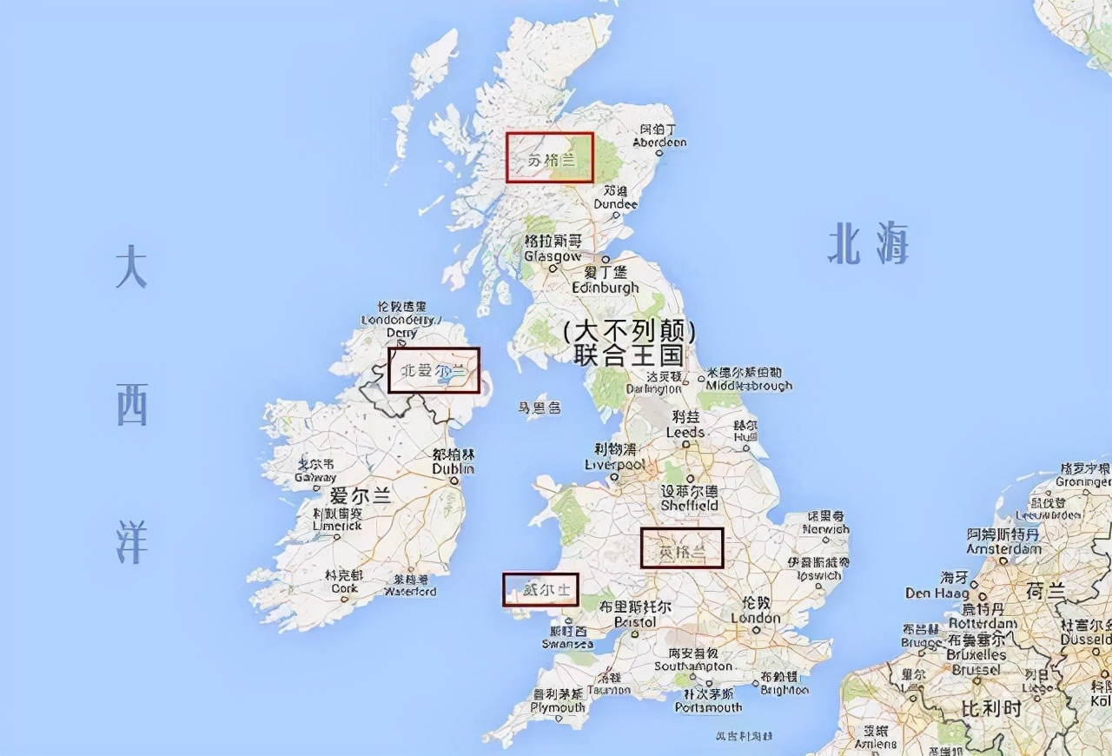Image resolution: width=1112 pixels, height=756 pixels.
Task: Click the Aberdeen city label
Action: pos(659,142)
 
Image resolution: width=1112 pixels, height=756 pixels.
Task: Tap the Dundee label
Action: pos(615,204)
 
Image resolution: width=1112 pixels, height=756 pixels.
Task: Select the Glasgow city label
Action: pos(553,256)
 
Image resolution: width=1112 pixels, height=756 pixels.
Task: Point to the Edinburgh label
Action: pos(606,287)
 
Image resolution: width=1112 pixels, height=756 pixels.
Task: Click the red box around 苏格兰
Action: pos(550,157)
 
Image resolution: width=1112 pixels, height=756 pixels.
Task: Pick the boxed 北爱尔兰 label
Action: pos(434,370)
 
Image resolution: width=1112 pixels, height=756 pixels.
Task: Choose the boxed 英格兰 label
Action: pos(682,547)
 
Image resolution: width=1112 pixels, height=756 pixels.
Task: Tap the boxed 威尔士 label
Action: pos(540,590)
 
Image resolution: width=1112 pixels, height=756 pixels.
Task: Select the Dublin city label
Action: pos(453,468)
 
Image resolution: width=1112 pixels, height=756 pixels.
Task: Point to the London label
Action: pos(755,618)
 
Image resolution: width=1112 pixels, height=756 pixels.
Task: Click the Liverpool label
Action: pos(616,464)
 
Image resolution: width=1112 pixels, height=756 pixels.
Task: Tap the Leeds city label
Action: pos(685,432)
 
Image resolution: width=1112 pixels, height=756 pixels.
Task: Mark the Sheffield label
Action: pos(689,505)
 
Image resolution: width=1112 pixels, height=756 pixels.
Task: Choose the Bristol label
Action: pos(634,622)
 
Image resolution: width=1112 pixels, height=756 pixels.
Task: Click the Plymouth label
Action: pos(559,707)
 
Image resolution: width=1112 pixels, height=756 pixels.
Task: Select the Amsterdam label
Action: pos(1003,548)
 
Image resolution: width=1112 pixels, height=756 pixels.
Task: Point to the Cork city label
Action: pos(344,588)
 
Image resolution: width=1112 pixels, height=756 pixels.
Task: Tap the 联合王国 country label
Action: pos(629,355)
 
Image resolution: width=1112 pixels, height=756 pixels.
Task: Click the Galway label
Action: pos(314,477)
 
